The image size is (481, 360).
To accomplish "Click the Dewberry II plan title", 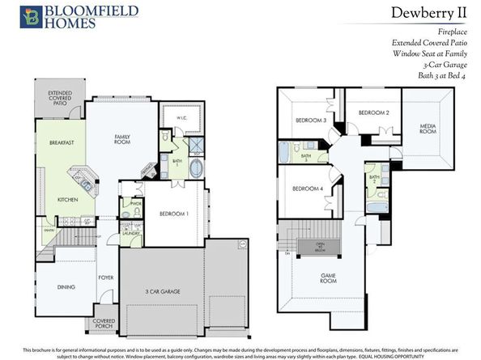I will click(428, 12).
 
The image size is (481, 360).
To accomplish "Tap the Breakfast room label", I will click(61, 142).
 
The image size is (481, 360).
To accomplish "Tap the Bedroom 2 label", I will click(374, 112).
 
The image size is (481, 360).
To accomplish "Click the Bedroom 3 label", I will click(312, 121).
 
